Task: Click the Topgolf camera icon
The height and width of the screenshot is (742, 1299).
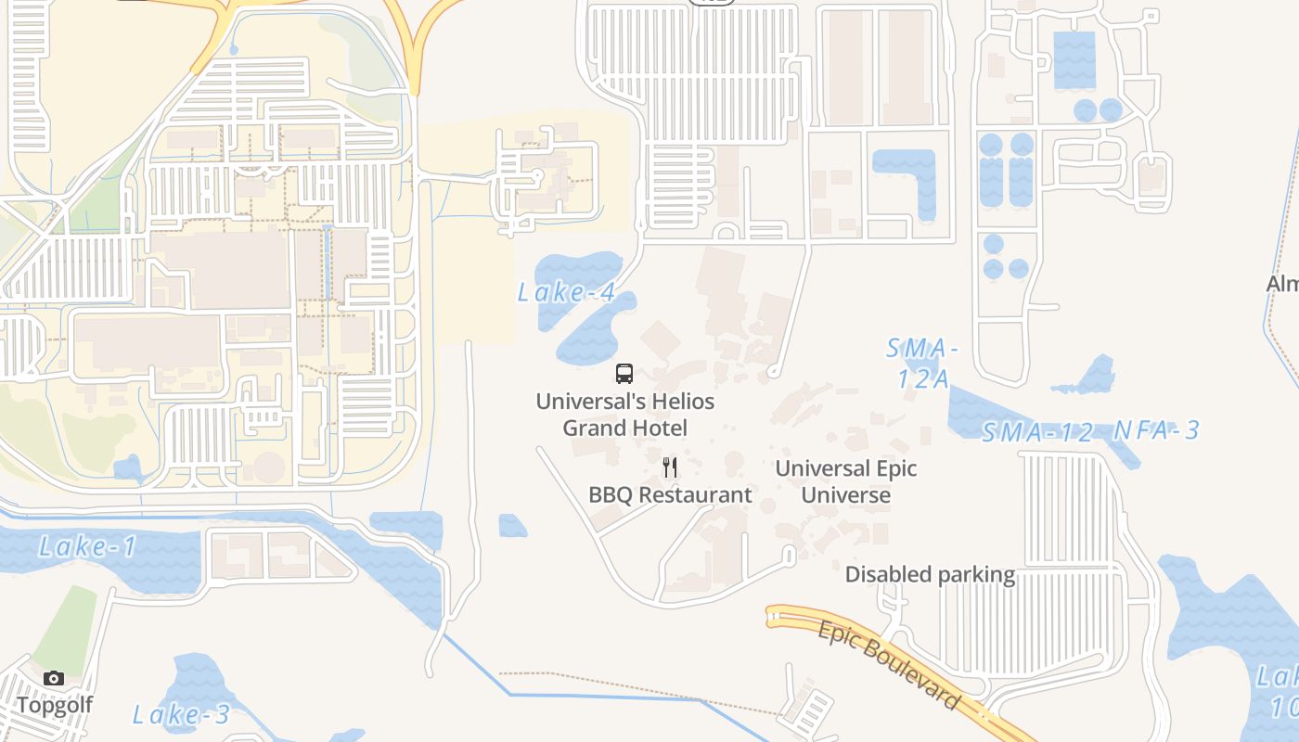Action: pyautogui.click(x=54, y=678)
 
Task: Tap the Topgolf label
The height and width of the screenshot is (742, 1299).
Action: pyautogui.click(x=55, y=705)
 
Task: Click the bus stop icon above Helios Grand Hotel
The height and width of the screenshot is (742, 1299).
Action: pyautogui.click(x=624, y=374)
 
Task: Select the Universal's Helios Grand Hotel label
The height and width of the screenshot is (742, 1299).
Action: pyautogui.click(x=625, y=415)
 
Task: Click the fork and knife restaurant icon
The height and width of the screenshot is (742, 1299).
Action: pyautogui.click(x=670, y=467)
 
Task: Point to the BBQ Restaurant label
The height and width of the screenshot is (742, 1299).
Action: pyautogui.click(x=670, y=494)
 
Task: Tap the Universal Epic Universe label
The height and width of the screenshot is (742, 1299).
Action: pyautogui.click(x=845, y=481)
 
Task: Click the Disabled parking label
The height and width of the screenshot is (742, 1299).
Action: pyautogui.click(x=930, y=575)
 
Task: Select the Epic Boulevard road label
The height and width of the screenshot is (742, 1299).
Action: pyautogui.click(x=888, y=664)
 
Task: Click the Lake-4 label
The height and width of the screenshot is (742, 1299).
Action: pyautogui.click(x=566, y=293)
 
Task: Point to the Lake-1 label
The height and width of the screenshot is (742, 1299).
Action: pyautogui.click(x=87, y=547)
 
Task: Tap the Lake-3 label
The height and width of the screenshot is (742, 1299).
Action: pyautogui.click(x=181, y=714)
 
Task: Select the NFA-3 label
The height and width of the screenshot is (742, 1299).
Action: pyautogui.click(x=1156, y=430)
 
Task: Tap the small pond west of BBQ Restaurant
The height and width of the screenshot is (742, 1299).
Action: pyautogui.click(x=512, y=526)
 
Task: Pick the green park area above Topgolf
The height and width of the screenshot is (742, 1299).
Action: pyautogui.click(x=67, y=626)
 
